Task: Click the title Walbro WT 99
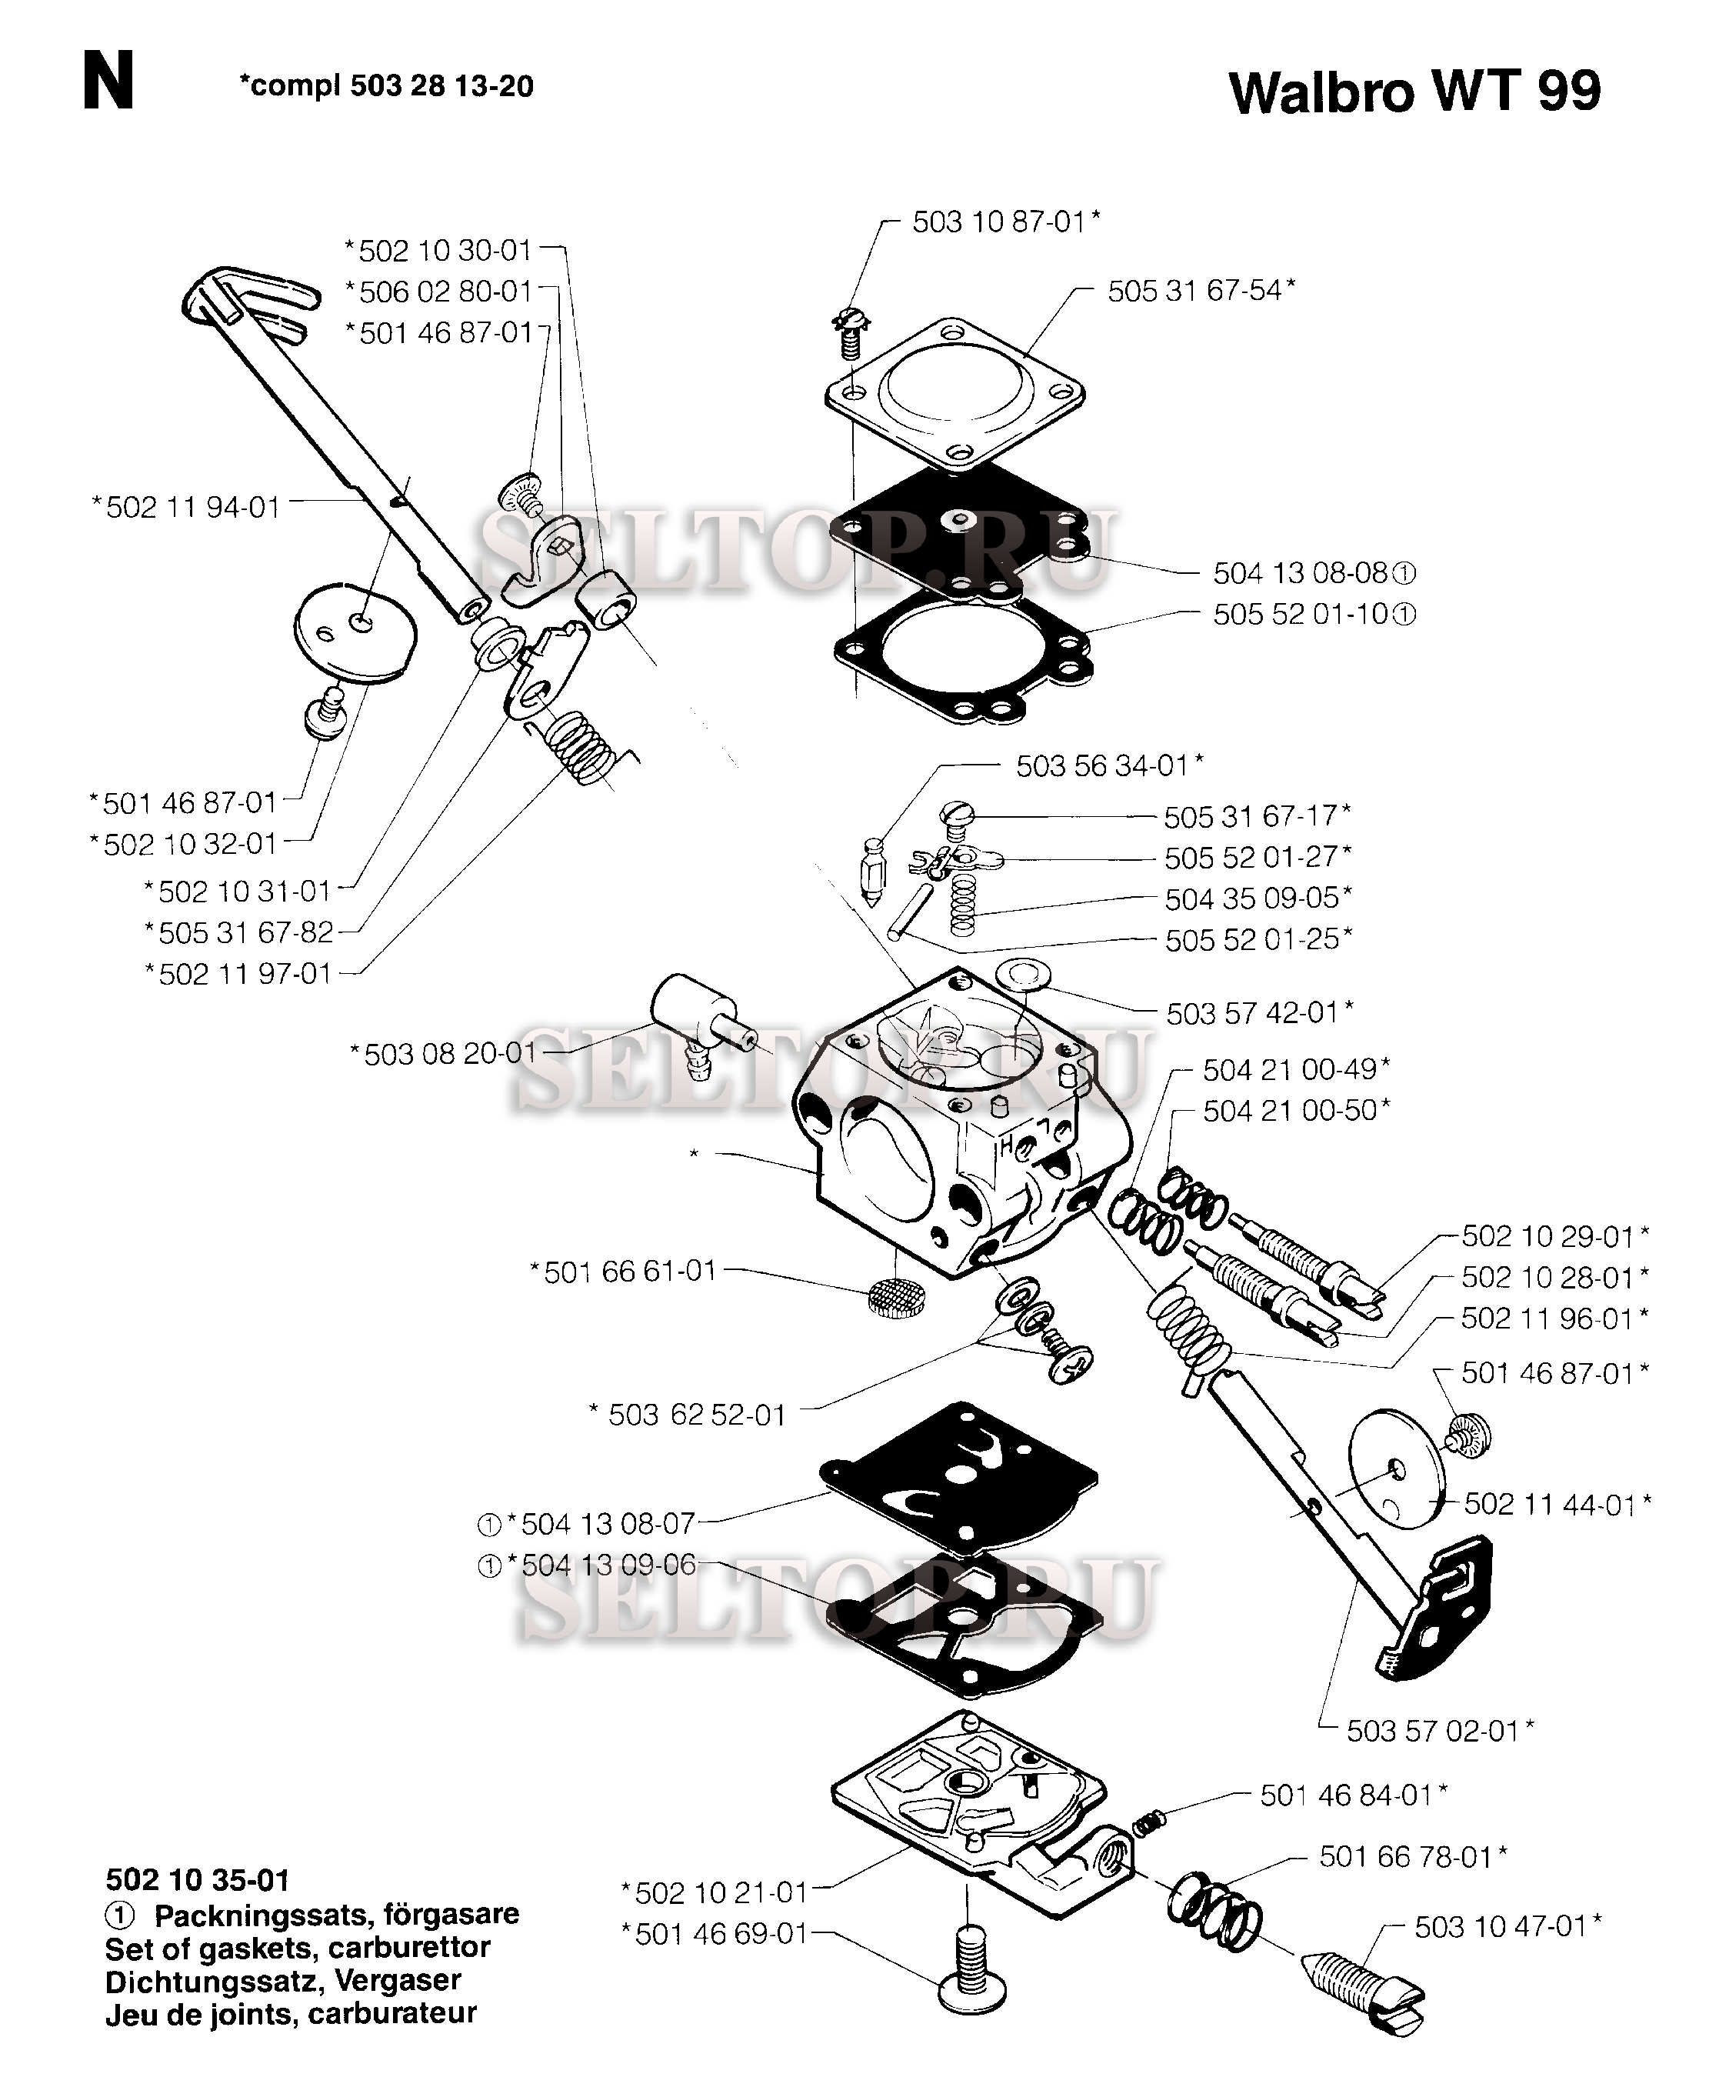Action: click(1414, 92)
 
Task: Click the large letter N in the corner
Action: click(108, 82)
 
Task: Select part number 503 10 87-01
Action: click(1005, 222)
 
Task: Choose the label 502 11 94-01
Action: click(186, 508)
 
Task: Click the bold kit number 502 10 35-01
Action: click(197, 1880)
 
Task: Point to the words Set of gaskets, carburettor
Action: click(298, 1947)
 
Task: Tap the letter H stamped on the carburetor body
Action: click(1007, 1144)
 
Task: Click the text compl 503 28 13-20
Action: click(386, 87)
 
